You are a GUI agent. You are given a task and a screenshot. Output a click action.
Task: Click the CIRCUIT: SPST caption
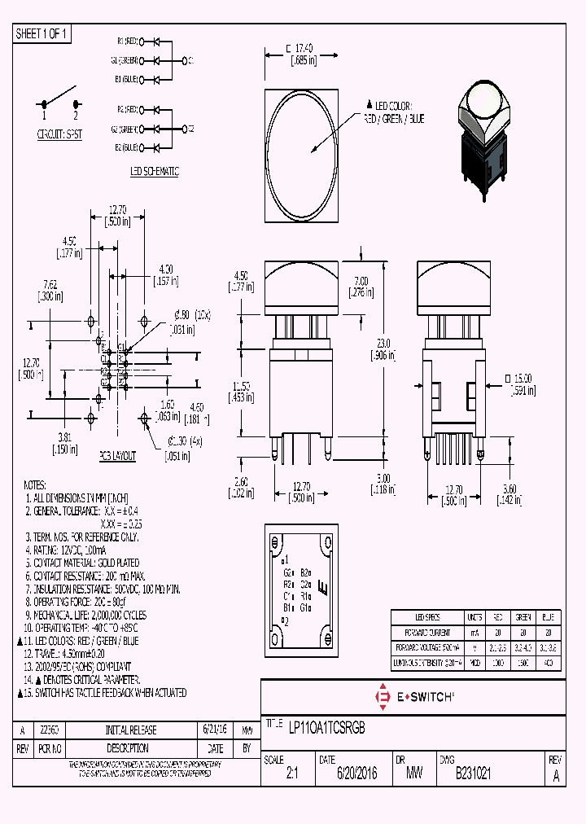[x=59, y=134]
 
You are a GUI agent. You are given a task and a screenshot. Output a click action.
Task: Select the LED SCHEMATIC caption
[x=154, y=171]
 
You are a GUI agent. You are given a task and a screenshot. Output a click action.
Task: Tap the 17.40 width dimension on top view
[x=302, y=50]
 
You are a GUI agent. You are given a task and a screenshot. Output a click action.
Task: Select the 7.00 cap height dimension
[x=359, y=286]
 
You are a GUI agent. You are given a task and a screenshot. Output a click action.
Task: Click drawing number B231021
[x=466, y=776]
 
